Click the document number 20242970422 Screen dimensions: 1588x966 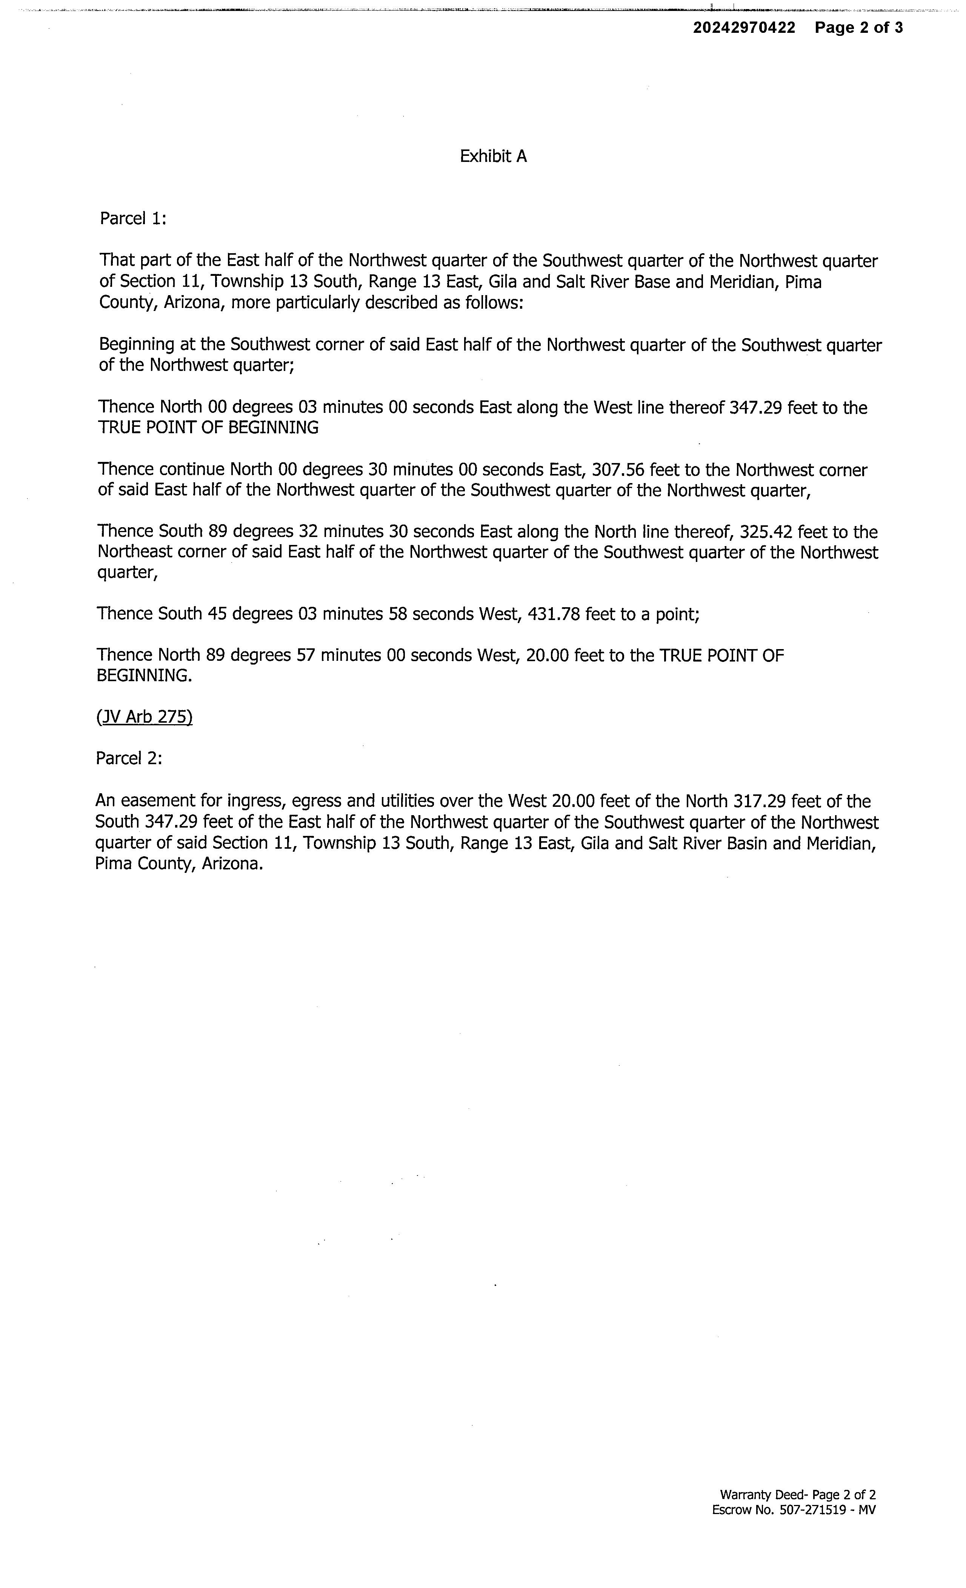[x=744, y=28]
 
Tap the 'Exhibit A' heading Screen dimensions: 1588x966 [x=493, y=157]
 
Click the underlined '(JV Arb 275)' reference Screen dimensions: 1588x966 [x=145, y=717]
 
